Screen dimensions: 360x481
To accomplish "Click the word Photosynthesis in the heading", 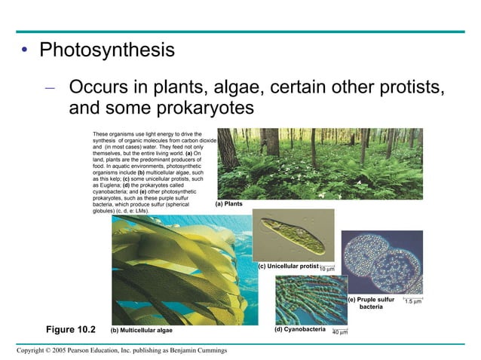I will click(107, 52).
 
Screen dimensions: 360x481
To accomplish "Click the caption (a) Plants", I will click(228, 203).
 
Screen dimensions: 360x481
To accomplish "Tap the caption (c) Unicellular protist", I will click(288, 267).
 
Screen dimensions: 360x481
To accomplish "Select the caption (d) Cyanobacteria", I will click(300, 329).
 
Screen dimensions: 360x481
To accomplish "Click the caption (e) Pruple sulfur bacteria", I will click(371, 303).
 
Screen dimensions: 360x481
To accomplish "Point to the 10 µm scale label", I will click(327, 268).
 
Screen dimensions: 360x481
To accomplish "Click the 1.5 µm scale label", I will click(412, 301).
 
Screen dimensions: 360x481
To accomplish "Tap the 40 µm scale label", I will click(340, 331).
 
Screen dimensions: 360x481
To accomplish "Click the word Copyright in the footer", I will click(32, 350).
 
